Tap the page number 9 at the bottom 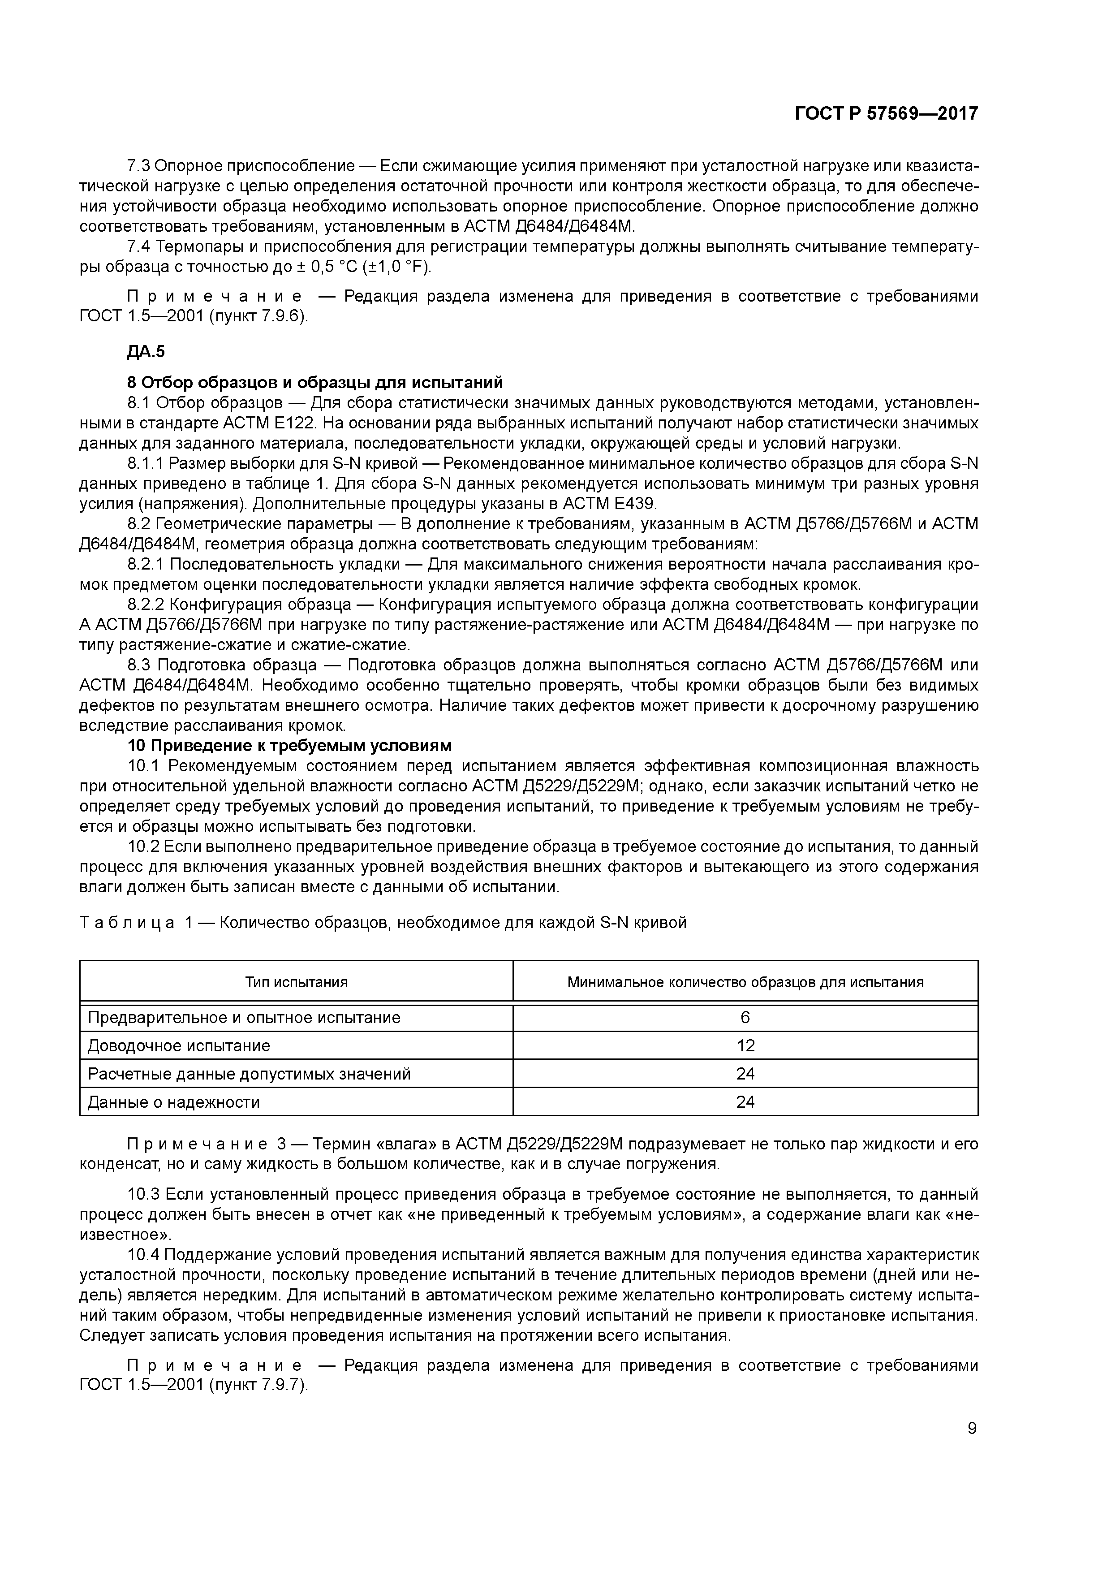click(x=972, y=1428)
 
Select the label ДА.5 click(x=146, y=352)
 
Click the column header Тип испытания click(x=297, y=982)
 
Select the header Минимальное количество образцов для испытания click(x=745, y=982)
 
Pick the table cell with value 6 click(x=745, y=1017)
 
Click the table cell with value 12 click(x=745, y=1045)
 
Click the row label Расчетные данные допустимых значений click(x=249, y=1074)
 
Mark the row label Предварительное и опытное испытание click(x=244, y=1017)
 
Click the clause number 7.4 click(x=140, y=246)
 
